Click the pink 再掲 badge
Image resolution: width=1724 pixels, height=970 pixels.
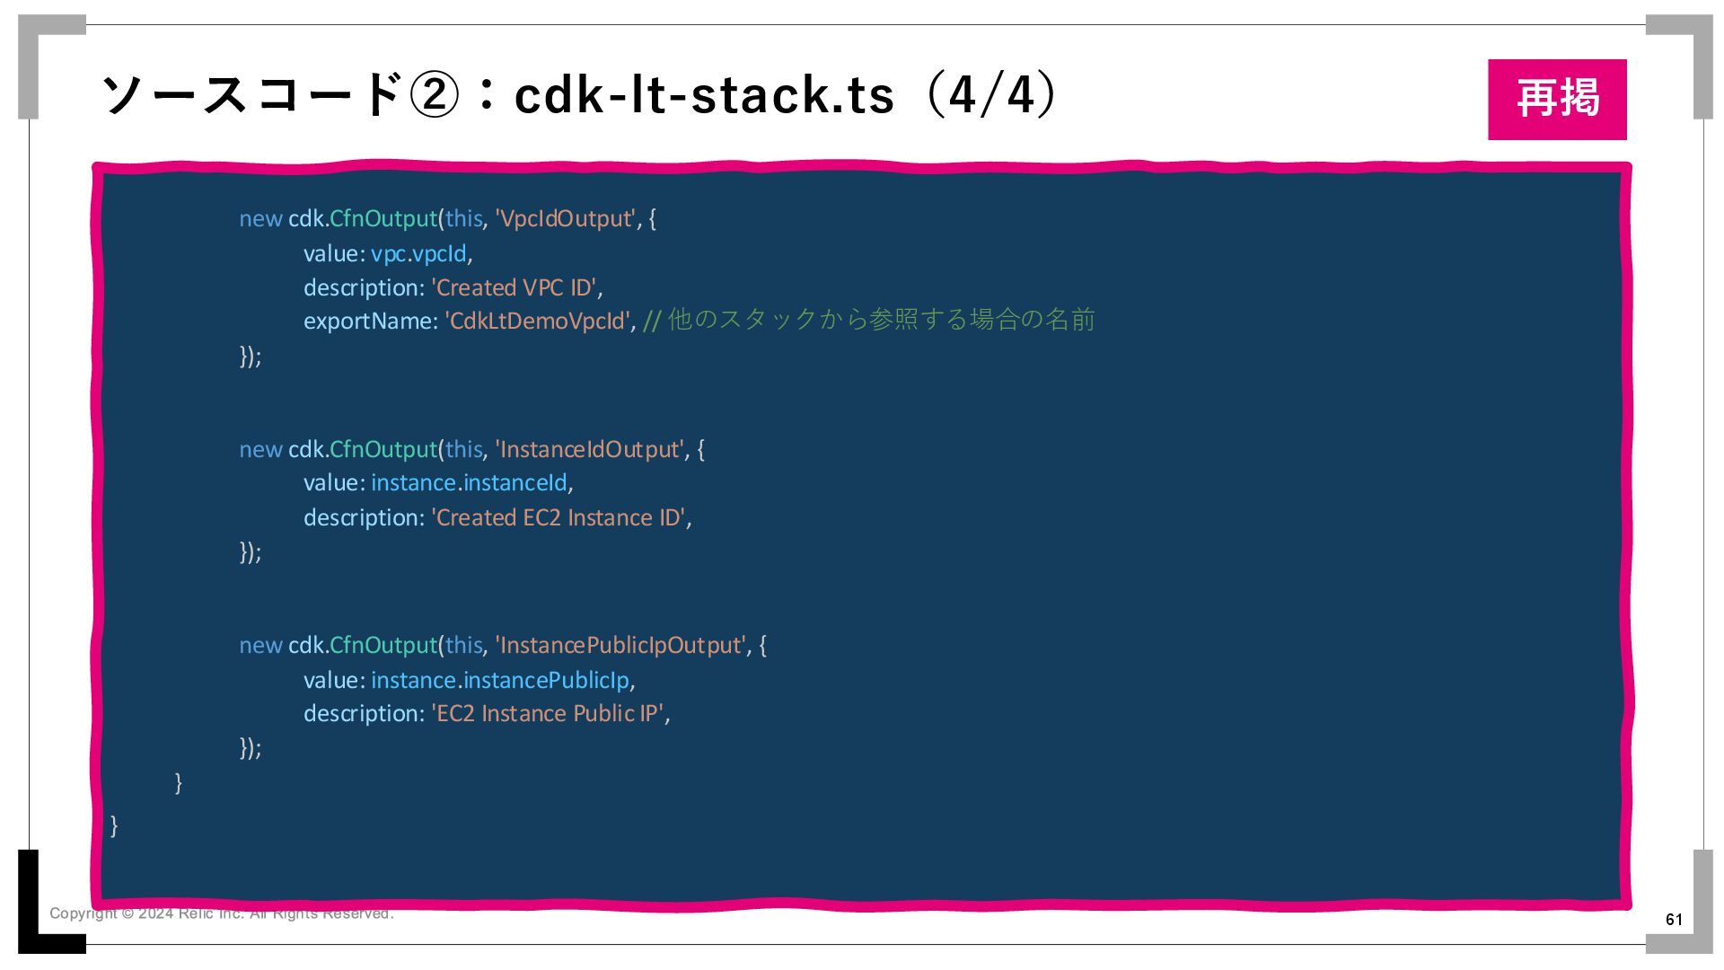tap(1556, 99)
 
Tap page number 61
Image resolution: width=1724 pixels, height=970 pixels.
tap(1674, 919)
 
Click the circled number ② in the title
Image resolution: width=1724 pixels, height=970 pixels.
tap(434, 95)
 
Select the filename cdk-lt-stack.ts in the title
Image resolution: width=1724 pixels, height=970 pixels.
tap(704, 95)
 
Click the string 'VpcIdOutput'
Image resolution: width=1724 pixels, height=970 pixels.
tap(565, 219)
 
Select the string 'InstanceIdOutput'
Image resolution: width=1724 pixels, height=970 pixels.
tap(589, 449)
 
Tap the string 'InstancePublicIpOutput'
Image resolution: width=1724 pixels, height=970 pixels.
tap(620, 646)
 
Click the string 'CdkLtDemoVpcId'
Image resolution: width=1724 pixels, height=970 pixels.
tap(538, 322)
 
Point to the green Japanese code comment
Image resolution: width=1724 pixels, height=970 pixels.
tap(868, 320)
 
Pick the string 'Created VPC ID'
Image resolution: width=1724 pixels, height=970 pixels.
tap(514, 288)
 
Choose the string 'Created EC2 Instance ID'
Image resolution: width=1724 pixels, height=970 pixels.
tap(558, 518)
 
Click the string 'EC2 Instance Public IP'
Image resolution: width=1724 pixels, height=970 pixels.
tap(547, 714)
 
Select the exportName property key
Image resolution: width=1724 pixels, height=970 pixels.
tap(368, 322)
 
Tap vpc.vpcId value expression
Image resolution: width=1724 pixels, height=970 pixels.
tap(418, 254)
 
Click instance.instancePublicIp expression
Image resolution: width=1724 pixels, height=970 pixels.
tap(499, 681)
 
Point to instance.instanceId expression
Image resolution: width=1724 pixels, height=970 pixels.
tap(469, 483)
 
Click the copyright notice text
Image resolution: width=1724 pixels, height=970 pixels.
tap(221, 913)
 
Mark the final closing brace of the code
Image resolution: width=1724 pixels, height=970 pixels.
tap(114, 825)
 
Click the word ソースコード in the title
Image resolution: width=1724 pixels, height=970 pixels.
tap(251, 95)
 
